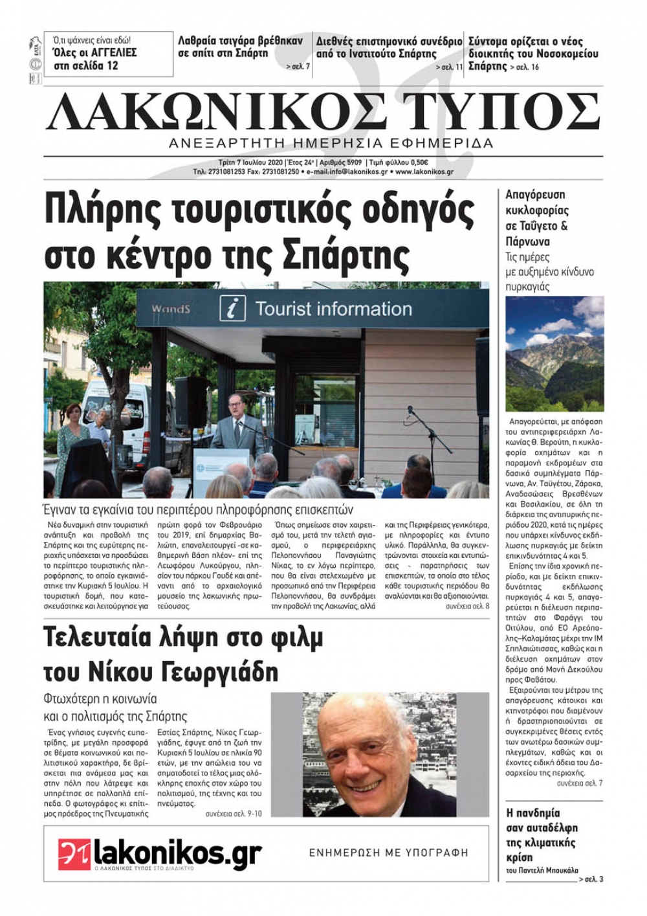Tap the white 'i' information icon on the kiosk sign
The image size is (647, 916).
(x=232, y=308)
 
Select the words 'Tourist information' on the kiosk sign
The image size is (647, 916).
(x=333, y=309)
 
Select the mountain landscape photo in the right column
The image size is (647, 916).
(x=554, y=353)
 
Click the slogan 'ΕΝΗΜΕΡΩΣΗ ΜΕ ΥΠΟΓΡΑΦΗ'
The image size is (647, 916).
(x=388, y=853)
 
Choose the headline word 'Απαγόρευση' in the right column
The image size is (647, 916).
(x=535, y=194)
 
